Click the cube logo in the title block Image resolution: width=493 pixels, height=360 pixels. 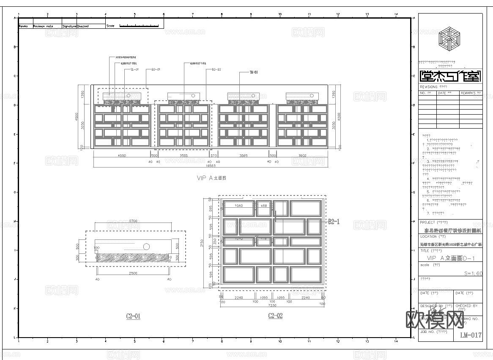(450, 38)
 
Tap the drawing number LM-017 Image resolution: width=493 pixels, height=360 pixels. (471, 335)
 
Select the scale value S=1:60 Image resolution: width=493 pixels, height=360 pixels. (473, 273)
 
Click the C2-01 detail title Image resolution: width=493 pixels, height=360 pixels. (133, 316)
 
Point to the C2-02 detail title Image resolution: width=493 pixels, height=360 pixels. (275, 316)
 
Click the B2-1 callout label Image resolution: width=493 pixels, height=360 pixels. (334, 221)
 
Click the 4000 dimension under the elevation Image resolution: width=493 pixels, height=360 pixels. (121, 156)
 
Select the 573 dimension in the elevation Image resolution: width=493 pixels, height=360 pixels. (214, 156)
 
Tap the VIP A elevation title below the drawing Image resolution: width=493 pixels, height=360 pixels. (211, 178)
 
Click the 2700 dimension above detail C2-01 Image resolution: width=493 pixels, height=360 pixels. (133, 221)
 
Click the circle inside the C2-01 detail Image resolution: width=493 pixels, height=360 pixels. (146, 246)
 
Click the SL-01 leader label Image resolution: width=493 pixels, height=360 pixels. (134, 69)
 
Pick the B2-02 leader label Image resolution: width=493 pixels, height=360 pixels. (216, 69)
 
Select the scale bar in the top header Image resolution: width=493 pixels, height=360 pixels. (140, 26)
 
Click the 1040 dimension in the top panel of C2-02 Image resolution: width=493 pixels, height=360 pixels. (238, 206)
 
